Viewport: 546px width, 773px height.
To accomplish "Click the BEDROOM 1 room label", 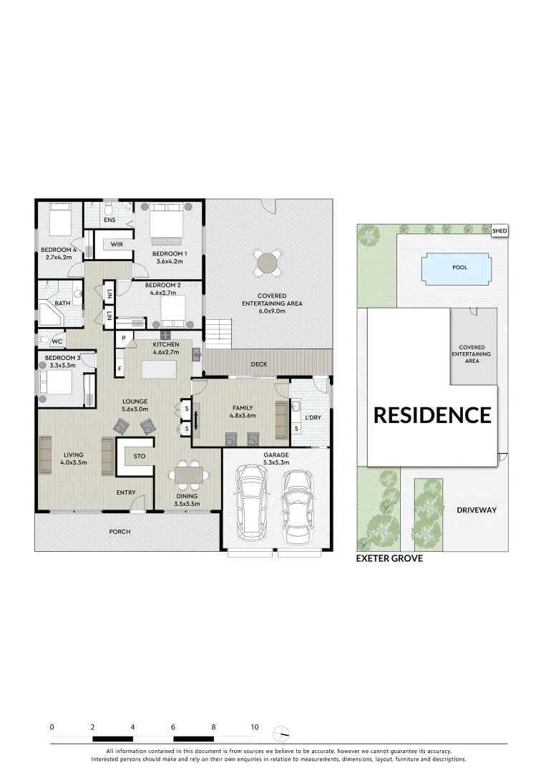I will tap(170, 253).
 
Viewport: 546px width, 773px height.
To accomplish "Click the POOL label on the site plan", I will tap(459, 268).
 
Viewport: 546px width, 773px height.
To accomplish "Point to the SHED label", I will tap(499, 230).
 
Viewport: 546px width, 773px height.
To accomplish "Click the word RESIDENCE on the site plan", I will tap(433, 415).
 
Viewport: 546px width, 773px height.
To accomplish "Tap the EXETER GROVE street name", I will tap(389, 558).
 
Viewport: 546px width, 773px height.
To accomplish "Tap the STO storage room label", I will tap(140, 455).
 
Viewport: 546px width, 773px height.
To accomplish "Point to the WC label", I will tap(57, 341).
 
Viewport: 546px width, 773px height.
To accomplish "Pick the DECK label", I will tap(259, 364).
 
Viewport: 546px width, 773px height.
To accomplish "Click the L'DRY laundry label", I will tap(313, 417).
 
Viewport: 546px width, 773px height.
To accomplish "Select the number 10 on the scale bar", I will tap(254, 726).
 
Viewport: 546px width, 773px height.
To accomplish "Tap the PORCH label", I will tap(120, 532).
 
